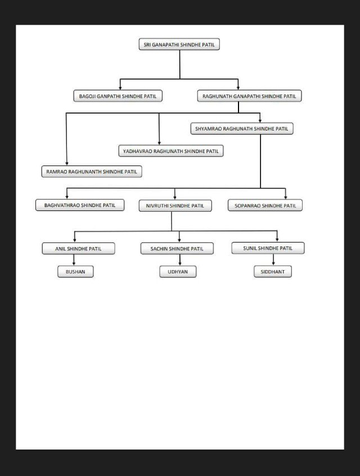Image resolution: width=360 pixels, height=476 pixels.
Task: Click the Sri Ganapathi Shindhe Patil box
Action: [179, 44]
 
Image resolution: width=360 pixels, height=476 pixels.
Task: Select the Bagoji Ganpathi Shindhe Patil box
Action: [118, 96]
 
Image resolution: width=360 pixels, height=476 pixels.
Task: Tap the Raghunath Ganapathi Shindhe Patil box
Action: [249, 96]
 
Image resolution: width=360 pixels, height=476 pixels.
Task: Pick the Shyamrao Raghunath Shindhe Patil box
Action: [242, 128]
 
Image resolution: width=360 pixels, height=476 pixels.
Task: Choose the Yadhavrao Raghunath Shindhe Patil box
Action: [171, 151]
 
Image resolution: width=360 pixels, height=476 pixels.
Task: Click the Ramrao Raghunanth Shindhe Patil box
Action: [92, 172]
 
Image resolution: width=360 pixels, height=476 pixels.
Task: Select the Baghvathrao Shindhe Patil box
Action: [80, 205]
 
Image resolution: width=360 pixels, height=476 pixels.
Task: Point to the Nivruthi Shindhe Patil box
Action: [175, 205]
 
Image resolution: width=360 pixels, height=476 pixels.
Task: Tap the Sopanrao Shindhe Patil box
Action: [265, 205]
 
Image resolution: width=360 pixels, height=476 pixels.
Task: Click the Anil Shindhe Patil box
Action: [78, 249]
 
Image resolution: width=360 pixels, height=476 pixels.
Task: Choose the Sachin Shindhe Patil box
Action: [177, 249]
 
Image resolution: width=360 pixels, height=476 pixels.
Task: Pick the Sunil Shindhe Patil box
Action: [268, 248]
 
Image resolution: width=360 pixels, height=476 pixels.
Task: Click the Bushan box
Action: [75, 272]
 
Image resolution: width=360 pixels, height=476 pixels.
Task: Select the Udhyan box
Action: [178, 272]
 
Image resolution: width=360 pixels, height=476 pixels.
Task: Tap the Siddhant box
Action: [273, 272]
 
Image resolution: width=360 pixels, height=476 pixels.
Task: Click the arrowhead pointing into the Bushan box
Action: [74, 264]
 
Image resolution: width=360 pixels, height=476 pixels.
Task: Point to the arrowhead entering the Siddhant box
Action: [273, 264]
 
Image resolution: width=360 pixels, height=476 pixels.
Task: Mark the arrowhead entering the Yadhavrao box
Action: [159, 143]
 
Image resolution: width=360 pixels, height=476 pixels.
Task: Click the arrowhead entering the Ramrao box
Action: [67, 164]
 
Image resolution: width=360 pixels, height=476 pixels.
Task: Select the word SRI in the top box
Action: [147, 44]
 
